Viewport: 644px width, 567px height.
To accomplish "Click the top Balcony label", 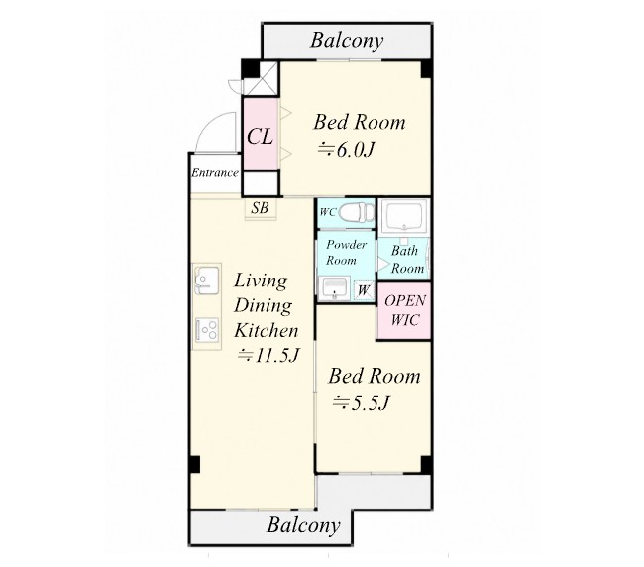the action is tap(347, 41).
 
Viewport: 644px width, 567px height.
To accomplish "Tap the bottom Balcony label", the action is tap(303, 525).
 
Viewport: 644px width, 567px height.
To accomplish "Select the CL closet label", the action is tap(260, 136).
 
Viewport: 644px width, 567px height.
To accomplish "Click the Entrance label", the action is tap(215, 172).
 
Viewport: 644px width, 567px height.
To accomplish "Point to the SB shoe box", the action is tap(260, 208).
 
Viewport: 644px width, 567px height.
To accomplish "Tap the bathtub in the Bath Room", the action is tap(404, 216).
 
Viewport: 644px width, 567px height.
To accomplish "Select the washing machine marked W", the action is tap(364, 289).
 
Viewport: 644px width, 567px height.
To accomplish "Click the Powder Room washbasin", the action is tap(334, 287).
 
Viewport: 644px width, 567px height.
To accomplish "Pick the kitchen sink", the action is tap(207, 280).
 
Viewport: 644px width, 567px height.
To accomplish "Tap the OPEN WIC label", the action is tap(405, 310).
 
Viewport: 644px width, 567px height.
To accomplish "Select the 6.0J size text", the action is tap(346, 150).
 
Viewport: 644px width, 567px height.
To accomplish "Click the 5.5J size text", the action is tap(361, 403).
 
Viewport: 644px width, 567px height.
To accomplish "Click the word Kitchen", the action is tap(267, 331).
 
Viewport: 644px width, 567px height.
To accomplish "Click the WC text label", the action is tap(328, 212).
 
